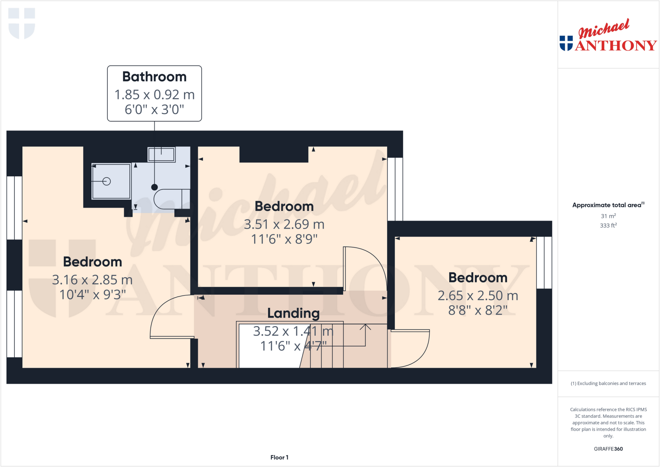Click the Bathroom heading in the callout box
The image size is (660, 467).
tap(154, 77)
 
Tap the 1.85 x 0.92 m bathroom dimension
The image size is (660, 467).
tap(154, 95)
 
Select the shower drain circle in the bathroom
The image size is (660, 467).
tap(107, 181)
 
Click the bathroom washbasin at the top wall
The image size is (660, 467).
tap(161, 154)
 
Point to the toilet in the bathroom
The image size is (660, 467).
tap(171, 199)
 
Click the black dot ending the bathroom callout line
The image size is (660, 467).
tap(154, 187)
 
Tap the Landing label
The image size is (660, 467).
tap(293, 313)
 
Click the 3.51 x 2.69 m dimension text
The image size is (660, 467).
tap(284, 224)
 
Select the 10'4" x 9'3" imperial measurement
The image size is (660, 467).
tap(92, 295)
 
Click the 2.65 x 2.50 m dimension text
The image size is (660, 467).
tap(478, 296)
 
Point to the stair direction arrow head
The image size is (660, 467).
tap(365, 326)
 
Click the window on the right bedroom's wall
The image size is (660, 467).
tap(544, 262)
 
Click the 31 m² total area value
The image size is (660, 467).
tap(608, 216)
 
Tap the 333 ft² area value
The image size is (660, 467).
tap(608, 226)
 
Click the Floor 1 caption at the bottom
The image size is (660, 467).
tap(279, 457)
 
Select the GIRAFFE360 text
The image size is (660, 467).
tap(608, 449)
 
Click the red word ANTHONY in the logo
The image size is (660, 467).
tap(616, 46)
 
